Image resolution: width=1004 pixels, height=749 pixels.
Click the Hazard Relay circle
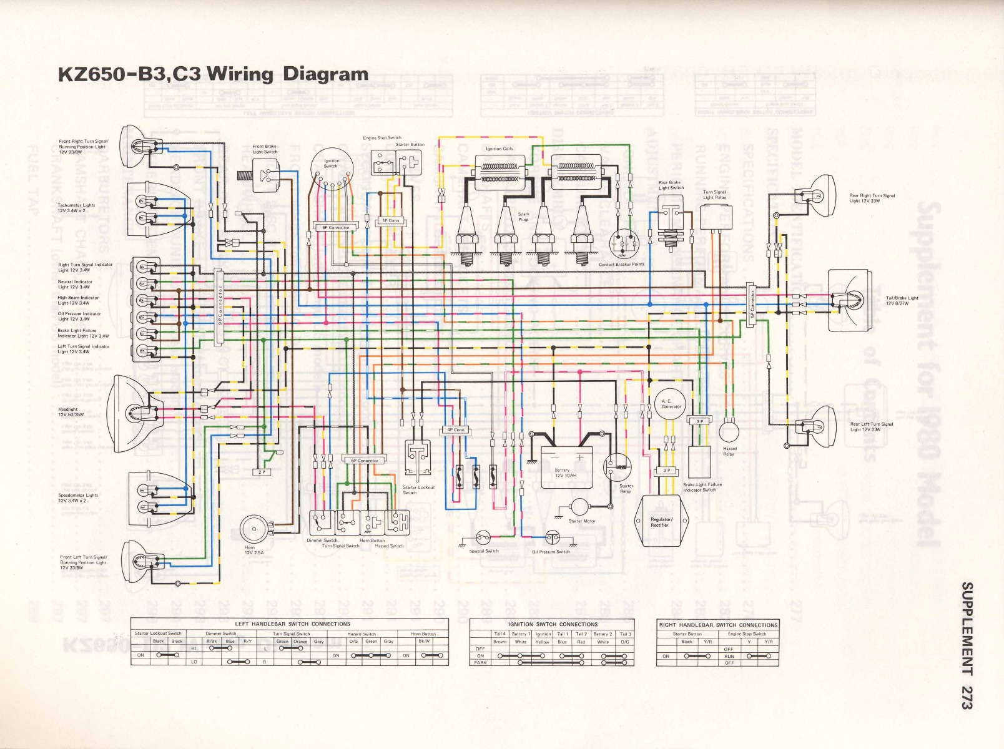click(x=727, y=432)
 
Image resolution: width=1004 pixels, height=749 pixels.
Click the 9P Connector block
click(x=219, y=306)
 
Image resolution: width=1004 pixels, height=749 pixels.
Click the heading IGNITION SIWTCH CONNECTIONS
click(x=552, y=624)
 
